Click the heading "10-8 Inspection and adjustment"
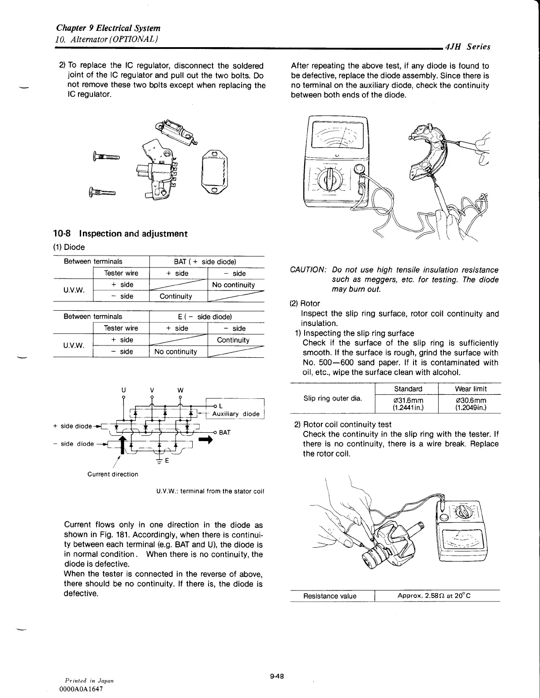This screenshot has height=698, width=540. tap(120, 234)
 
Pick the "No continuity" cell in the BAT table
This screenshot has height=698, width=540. tap(233, 285)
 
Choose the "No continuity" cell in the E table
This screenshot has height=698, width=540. tap(175, 352)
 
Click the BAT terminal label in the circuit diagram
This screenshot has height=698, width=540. tap(225, 432)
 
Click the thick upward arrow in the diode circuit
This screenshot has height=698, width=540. tap(122, 446)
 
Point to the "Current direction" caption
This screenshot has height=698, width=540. tap(113, 474)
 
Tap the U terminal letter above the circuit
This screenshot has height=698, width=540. tap(123, 390)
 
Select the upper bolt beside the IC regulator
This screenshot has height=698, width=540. tap(106, 156)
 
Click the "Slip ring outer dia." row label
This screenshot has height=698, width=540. tap(333, 398)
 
